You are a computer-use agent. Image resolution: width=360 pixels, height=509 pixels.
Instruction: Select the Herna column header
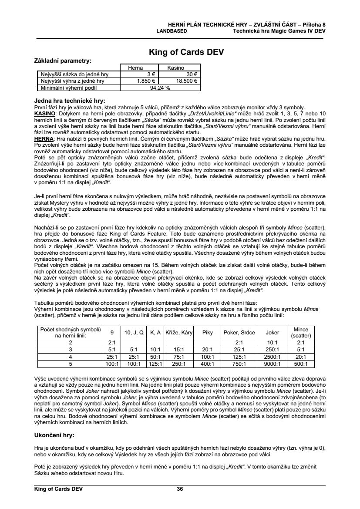[135, 68]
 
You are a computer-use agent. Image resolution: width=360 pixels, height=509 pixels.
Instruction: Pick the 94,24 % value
[159, 87]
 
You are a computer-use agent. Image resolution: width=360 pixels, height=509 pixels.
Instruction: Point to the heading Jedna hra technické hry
[70, 101]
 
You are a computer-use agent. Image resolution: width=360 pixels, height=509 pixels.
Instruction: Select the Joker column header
[272, 332]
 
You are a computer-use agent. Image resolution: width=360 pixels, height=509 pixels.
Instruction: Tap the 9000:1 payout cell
[272, 364]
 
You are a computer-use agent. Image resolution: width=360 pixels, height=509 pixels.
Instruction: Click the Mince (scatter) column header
[301, 332]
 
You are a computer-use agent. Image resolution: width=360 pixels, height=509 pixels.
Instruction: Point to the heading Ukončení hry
[54, 435]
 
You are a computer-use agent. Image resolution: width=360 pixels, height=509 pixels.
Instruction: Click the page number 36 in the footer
[180, 489]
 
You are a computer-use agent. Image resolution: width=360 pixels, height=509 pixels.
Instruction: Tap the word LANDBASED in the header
[172, 31]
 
